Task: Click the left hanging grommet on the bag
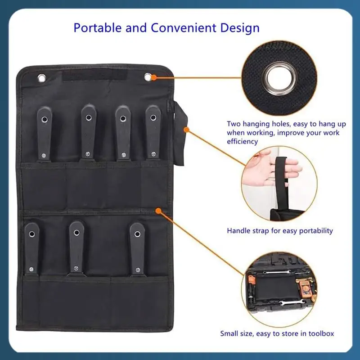point(42,78)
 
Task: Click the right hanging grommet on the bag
point(148,77)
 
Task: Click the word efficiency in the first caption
point(242,141)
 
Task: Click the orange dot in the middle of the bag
point(158,210)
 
